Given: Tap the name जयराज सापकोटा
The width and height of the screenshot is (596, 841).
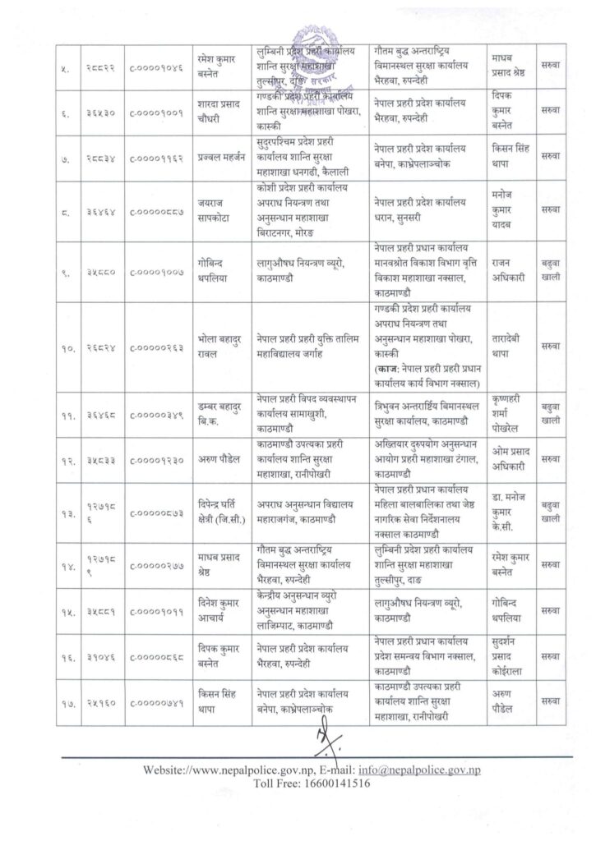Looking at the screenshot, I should pyautogui.click(x=213, y=210).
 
